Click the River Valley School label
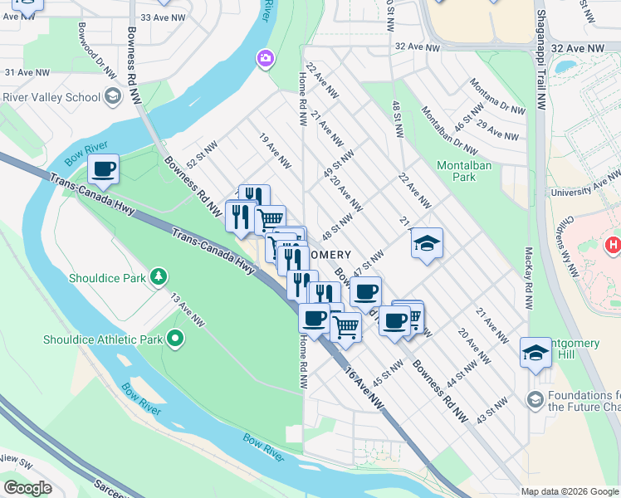tap(51, 97)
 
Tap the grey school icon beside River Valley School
tap(112, 97)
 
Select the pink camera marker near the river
tap(266, 57)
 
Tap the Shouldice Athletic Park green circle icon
tap(175, 339)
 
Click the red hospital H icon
tap(613, 245)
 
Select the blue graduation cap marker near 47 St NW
tap(427, 243)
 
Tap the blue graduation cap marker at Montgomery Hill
tap(535, 353)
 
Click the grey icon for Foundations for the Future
tap(534, 400)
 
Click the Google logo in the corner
tap(27, 488)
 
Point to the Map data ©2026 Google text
tap(570, 491)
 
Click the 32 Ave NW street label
tap(418, 48)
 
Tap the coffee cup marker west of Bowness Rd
tap(104, 170)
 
